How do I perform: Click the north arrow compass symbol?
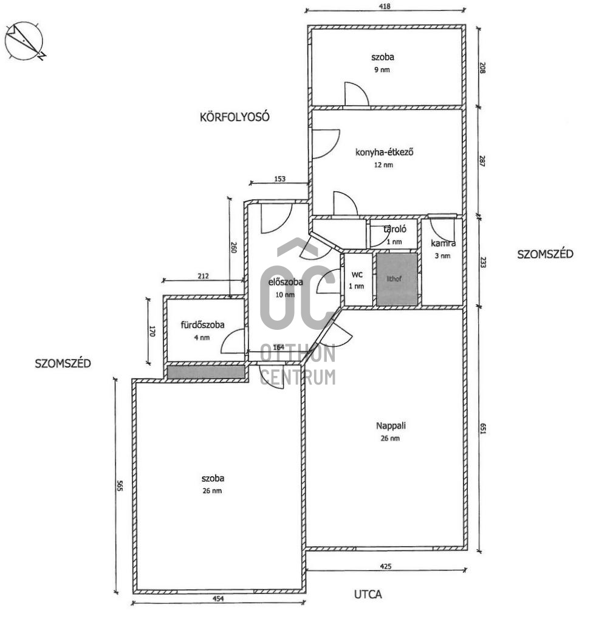pos(25,41)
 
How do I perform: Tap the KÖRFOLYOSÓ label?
pos(235,117)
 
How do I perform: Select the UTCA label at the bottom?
pos(368,594)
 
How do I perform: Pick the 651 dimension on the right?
pos(483,429)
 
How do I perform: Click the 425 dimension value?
pos(385,567)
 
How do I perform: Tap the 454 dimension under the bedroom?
pos(219,599)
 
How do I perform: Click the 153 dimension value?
pos(279,179)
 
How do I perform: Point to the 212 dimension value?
pos(203,276)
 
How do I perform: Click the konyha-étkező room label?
pos(384,152)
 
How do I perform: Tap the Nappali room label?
pos(391,426)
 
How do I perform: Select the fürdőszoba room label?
pos(203,325)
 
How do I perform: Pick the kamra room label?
pos(443,244)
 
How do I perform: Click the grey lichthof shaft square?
pos(396,279)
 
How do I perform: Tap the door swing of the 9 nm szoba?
pos(355,94)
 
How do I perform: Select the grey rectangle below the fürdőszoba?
pos(205,372)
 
